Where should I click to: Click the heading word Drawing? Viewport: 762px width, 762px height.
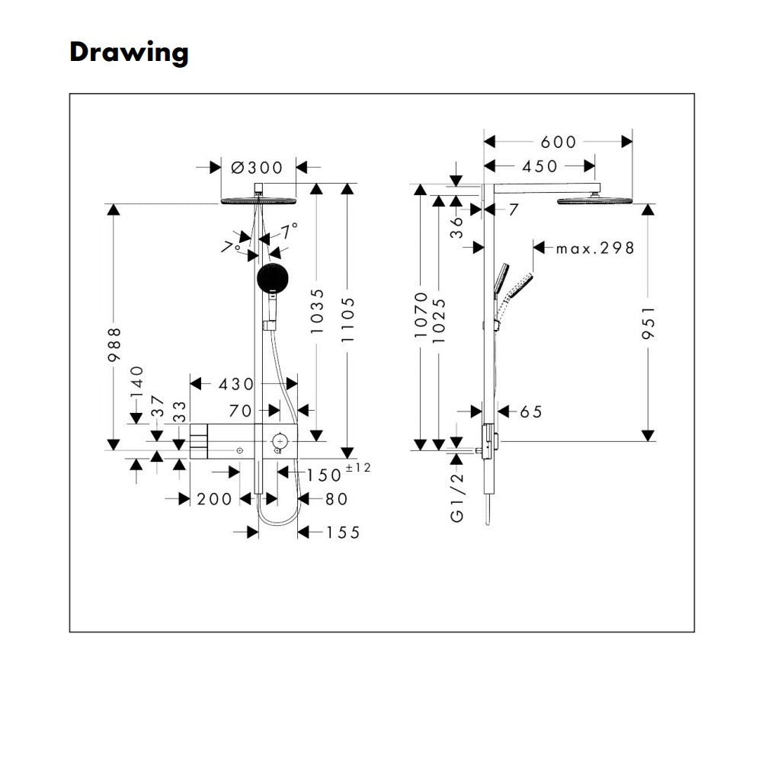point(129,53)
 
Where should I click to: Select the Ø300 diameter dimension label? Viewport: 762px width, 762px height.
point(257,168)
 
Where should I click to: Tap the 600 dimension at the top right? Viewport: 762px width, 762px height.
point(559,142)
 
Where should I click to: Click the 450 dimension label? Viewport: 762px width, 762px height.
point(539,166)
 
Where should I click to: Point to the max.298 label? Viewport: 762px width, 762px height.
point(595,248)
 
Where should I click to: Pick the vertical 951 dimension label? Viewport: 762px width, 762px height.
point(648,322)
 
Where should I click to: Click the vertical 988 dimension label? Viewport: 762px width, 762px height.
point(114,344)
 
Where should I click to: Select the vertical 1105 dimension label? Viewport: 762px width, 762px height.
point(348,320)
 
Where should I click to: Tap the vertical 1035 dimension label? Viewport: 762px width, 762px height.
point(317,311)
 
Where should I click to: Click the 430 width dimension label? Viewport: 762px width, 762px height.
point(236,384)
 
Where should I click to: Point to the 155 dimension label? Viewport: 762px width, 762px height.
point(343,533)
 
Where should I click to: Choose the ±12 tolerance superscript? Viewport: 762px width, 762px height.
point(358,468)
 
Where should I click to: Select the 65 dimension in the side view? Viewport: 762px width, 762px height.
point(530,412)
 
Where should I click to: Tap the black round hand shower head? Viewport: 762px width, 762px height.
point(272,278)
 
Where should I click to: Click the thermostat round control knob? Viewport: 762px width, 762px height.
point(280,441)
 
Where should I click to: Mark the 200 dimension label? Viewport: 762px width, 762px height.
point(214,499)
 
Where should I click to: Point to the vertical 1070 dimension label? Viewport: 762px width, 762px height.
point(421,315)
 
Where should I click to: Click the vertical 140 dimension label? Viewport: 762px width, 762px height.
point(137,383)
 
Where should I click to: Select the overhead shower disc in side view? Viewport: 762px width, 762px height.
point(595,200)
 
